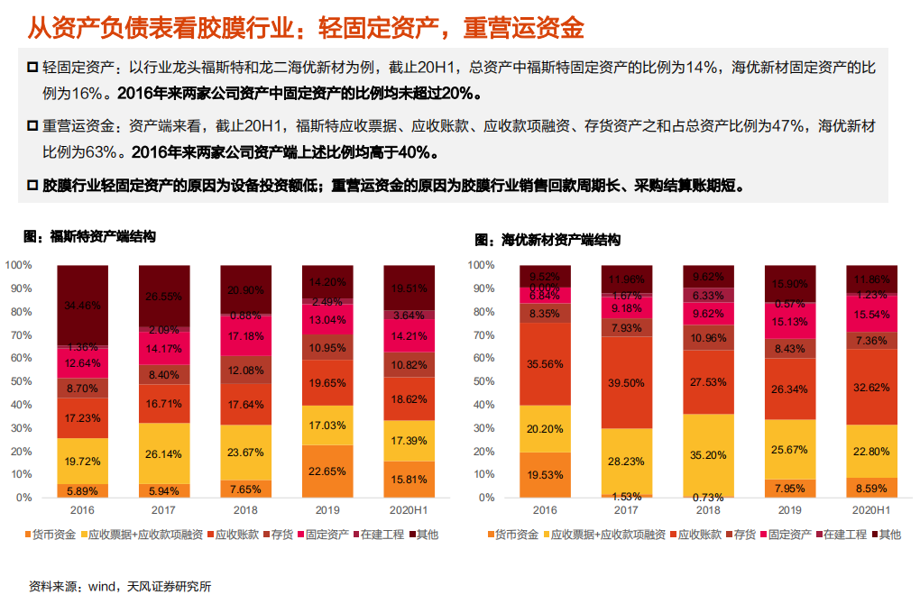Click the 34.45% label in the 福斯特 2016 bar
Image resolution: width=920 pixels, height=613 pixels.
tap(82, 306)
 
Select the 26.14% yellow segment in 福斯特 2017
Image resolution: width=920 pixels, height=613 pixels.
tap(164, 453)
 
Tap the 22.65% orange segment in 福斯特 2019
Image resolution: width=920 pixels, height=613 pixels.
tap(327, 471)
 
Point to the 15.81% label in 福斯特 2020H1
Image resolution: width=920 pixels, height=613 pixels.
tap(409, 479)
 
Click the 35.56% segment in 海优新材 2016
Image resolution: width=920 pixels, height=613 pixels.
tap(545, 364)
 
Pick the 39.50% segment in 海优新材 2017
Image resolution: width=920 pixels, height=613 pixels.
tap(627, 383)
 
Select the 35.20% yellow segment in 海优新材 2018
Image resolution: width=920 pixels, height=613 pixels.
tap(709, 455)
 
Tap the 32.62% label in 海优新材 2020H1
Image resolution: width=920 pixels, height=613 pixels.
tap(872, 388)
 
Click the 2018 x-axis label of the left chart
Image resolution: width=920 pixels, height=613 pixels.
tap(245, 510)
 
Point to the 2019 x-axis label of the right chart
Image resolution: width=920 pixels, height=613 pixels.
tap(790, 510)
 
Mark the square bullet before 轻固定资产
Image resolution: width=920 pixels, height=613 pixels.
tap(32, 67)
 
